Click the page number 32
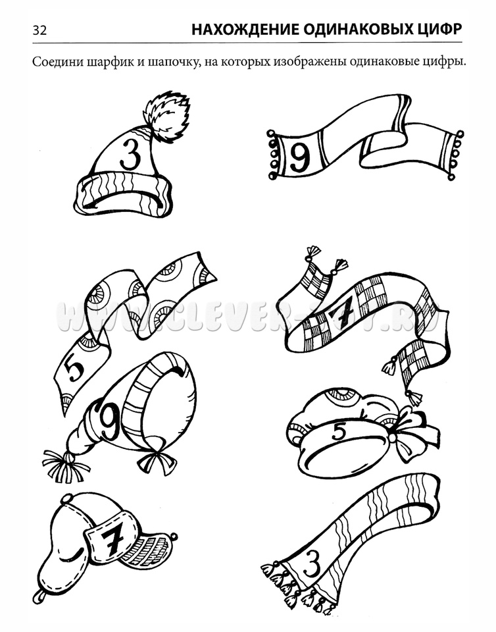tap(39, 30)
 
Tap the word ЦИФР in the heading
tap(438, 30)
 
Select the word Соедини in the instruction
tap(55, 63)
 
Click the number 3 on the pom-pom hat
tap(131, 154)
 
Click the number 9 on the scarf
tap(299, 157)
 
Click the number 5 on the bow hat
tap(339, 433)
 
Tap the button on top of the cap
tap(66, 499)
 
